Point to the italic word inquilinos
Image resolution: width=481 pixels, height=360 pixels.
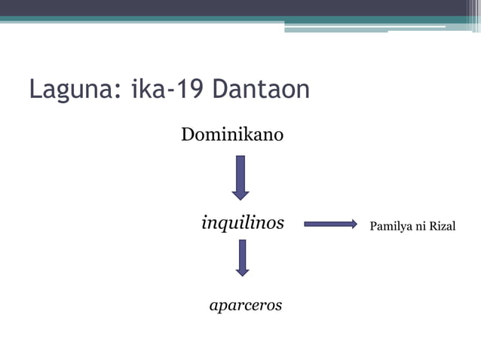tap(242, 223)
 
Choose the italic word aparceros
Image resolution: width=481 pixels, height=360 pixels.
tap(245, 305)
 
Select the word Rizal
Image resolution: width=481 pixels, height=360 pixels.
tap(443, 226)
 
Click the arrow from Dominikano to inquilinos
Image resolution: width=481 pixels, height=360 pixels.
tap(240, 177)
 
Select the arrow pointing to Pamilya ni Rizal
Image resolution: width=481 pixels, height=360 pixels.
tap(329, 224)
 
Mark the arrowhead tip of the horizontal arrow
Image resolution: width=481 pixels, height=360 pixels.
tap(356, 224)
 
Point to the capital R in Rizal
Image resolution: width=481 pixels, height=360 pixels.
tap(433, 226)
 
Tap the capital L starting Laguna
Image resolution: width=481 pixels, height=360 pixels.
tap(35, 90)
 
